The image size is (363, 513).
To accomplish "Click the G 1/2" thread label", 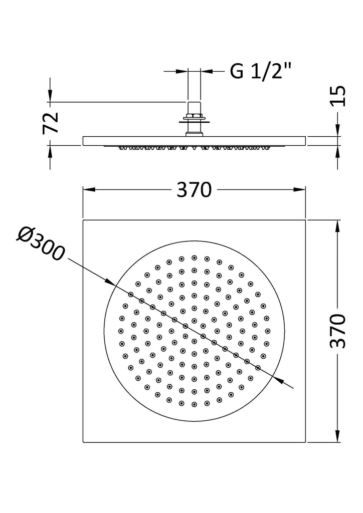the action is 260,71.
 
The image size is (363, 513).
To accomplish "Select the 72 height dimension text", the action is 51,123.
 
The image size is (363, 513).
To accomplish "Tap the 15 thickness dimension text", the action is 337,96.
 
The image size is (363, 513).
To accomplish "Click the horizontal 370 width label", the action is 194,190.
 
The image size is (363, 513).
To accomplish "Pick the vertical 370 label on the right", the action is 337,331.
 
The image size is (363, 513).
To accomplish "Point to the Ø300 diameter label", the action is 41,244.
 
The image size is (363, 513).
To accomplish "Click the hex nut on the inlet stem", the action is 195,116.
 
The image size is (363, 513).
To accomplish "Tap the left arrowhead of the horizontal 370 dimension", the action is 89,189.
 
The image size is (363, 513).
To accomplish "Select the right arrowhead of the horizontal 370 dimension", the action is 299,189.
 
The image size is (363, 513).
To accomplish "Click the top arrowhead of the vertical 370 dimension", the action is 337,226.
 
